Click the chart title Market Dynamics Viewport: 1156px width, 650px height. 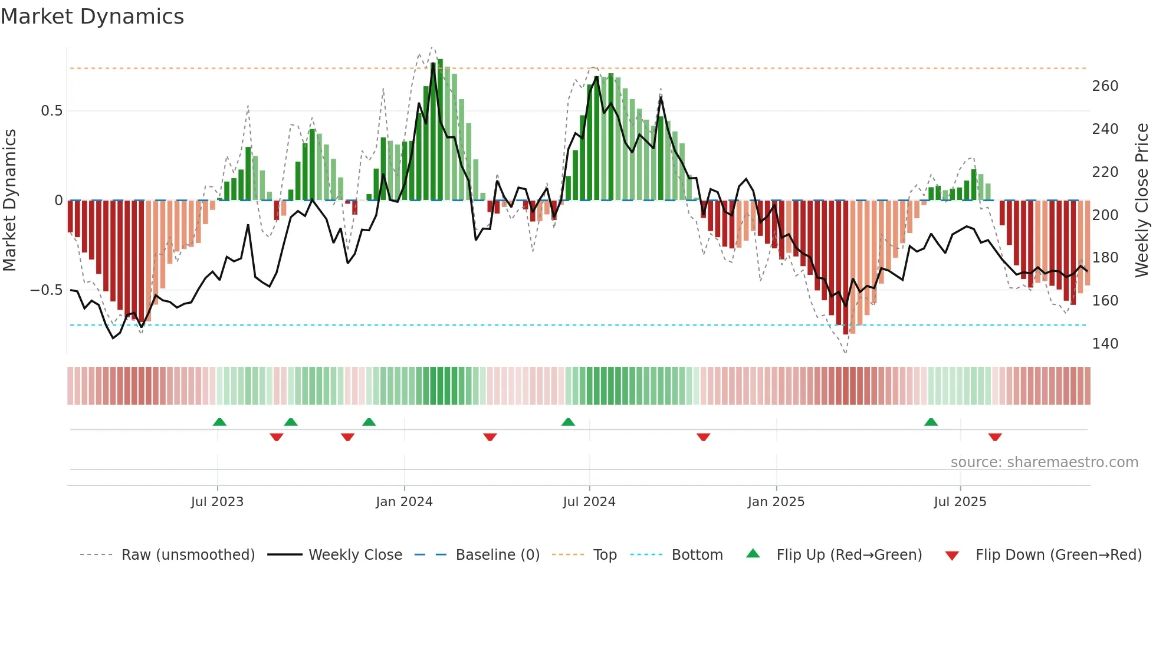tap(92, 17)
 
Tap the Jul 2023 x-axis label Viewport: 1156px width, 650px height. tap(217, 502)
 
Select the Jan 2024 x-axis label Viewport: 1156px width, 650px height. tap(404, 502)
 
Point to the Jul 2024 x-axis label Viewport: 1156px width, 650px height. tap(589, 502)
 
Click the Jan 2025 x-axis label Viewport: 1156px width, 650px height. tap(776, 502)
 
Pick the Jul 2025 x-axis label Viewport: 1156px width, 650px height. tap(960, 502)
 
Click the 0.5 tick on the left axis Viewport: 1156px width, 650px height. tap(51, 111)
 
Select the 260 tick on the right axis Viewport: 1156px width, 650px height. tap(1105, 86)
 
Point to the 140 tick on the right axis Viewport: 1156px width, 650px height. tap(1105, 344)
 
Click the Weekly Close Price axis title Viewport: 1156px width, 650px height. tap(1142, 201)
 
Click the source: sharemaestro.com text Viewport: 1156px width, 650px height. tap(1044, 462)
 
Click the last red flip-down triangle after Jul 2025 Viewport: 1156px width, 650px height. tap(995, 437)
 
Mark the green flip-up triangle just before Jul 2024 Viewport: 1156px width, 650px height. tap(568, 422)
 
